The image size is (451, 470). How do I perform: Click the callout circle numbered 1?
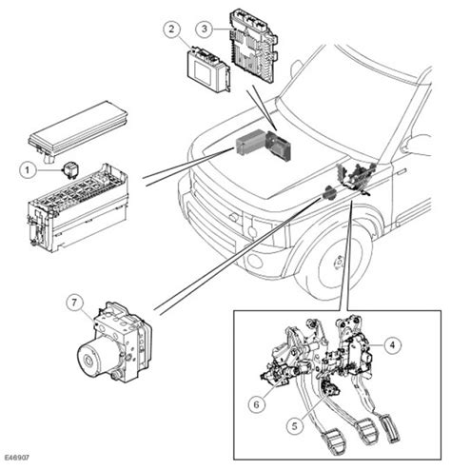pos(28,170)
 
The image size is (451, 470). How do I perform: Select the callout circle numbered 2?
pos(172,29)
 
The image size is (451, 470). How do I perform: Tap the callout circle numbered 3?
pos(205,29)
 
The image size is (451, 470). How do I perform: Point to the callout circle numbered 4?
pos(393,344)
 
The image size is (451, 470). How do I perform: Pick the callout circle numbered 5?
pos(295,426)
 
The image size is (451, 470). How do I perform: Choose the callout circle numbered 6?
pos(257,404)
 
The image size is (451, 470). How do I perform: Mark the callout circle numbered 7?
pos(74,303)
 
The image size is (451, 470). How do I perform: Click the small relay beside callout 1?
pos(71,170)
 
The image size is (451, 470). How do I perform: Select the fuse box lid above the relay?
pos(78,128)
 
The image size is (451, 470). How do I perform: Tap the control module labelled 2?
pos(206,69)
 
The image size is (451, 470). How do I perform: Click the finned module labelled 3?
pos(254,45)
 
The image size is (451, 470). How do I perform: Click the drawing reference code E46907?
pos(17,458)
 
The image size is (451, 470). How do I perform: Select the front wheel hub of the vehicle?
pos(340,263)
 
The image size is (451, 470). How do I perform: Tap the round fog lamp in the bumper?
pos(254,260)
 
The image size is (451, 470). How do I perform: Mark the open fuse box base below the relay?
pos(78,210)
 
